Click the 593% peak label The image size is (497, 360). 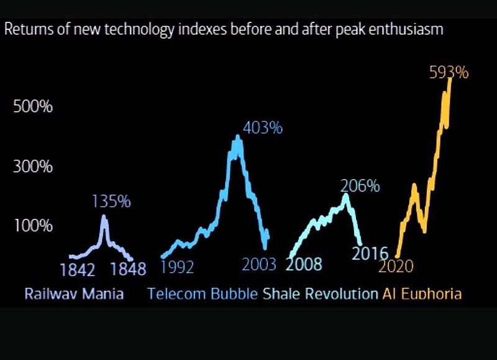pos(449,73)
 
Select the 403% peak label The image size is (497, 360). pos(263,129)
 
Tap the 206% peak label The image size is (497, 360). pos(360,185)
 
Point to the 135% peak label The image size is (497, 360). pos(111,201)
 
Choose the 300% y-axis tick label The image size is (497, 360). pos(33,167)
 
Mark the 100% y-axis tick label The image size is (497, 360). pos(33,226)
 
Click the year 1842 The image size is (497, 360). pos(78,270)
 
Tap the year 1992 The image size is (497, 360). pos(177,267)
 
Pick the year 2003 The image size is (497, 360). pos(259,265)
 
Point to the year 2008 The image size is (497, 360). pos(304,265)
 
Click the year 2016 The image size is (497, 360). pos(370,254)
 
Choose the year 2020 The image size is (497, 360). pos(396,267)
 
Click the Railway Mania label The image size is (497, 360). pos(74,293)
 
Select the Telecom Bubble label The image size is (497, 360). pos(203,293)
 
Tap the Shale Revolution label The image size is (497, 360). pos(320,293)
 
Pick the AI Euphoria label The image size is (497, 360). pos(422,293)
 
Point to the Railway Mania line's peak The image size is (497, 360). pos(104,218)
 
